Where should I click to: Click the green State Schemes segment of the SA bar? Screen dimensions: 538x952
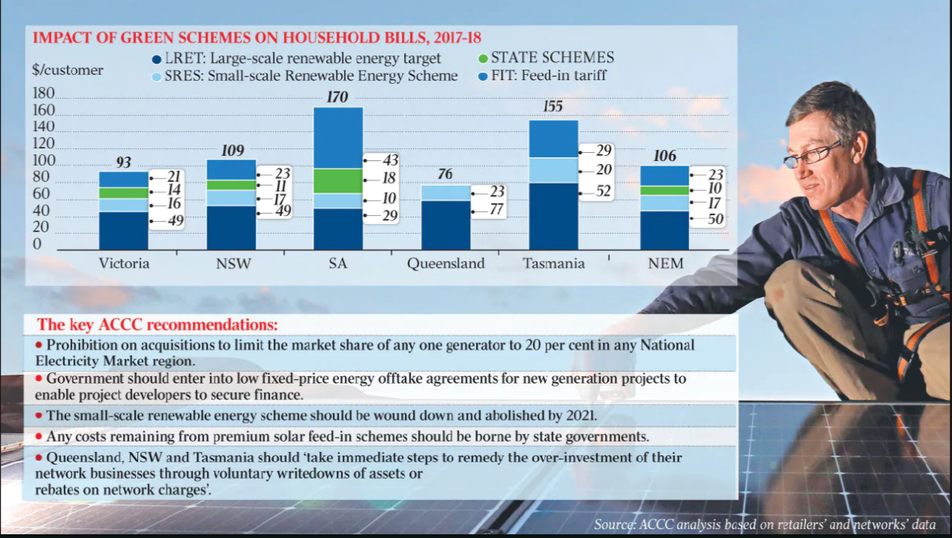click(338, 181)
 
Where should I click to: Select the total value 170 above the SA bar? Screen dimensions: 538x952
click(338, 97)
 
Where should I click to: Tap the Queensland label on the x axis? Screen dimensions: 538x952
click(446, 264)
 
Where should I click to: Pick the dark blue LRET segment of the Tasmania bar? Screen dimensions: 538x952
click(553, 216)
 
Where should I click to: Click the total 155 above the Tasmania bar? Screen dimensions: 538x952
click(552, 107)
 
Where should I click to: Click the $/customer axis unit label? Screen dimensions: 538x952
click(68, 70)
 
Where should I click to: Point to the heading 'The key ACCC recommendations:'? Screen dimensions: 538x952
click(157, 325)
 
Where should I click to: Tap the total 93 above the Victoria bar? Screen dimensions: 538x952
click(124, 162)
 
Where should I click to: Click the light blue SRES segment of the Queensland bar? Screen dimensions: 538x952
click(445, 193)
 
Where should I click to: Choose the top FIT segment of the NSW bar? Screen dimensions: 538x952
click(231, 169)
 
